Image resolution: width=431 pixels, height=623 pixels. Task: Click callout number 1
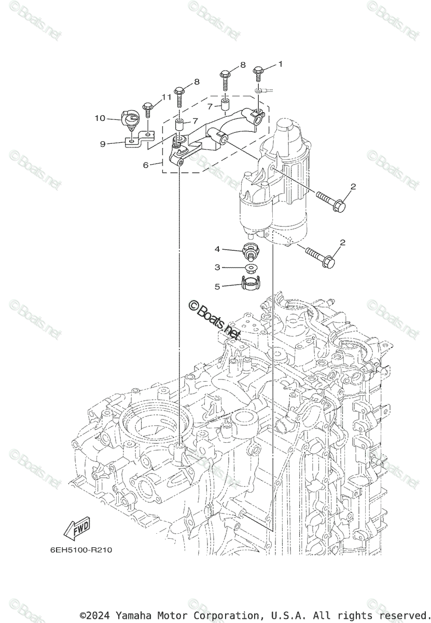(x=280, y=64)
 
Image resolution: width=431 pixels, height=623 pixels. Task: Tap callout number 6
(x=146, y=165)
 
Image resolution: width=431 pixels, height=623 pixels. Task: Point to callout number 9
(x=103, y=144)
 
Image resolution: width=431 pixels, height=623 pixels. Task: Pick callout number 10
(x=100, y=118)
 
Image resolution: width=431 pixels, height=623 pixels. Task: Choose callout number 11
(x=166, y=97)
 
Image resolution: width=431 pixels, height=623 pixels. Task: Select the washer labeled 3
(x=251, y=268)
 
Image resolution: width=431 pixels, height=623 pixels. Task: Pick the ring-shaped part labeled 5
(x=251, y=283)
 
